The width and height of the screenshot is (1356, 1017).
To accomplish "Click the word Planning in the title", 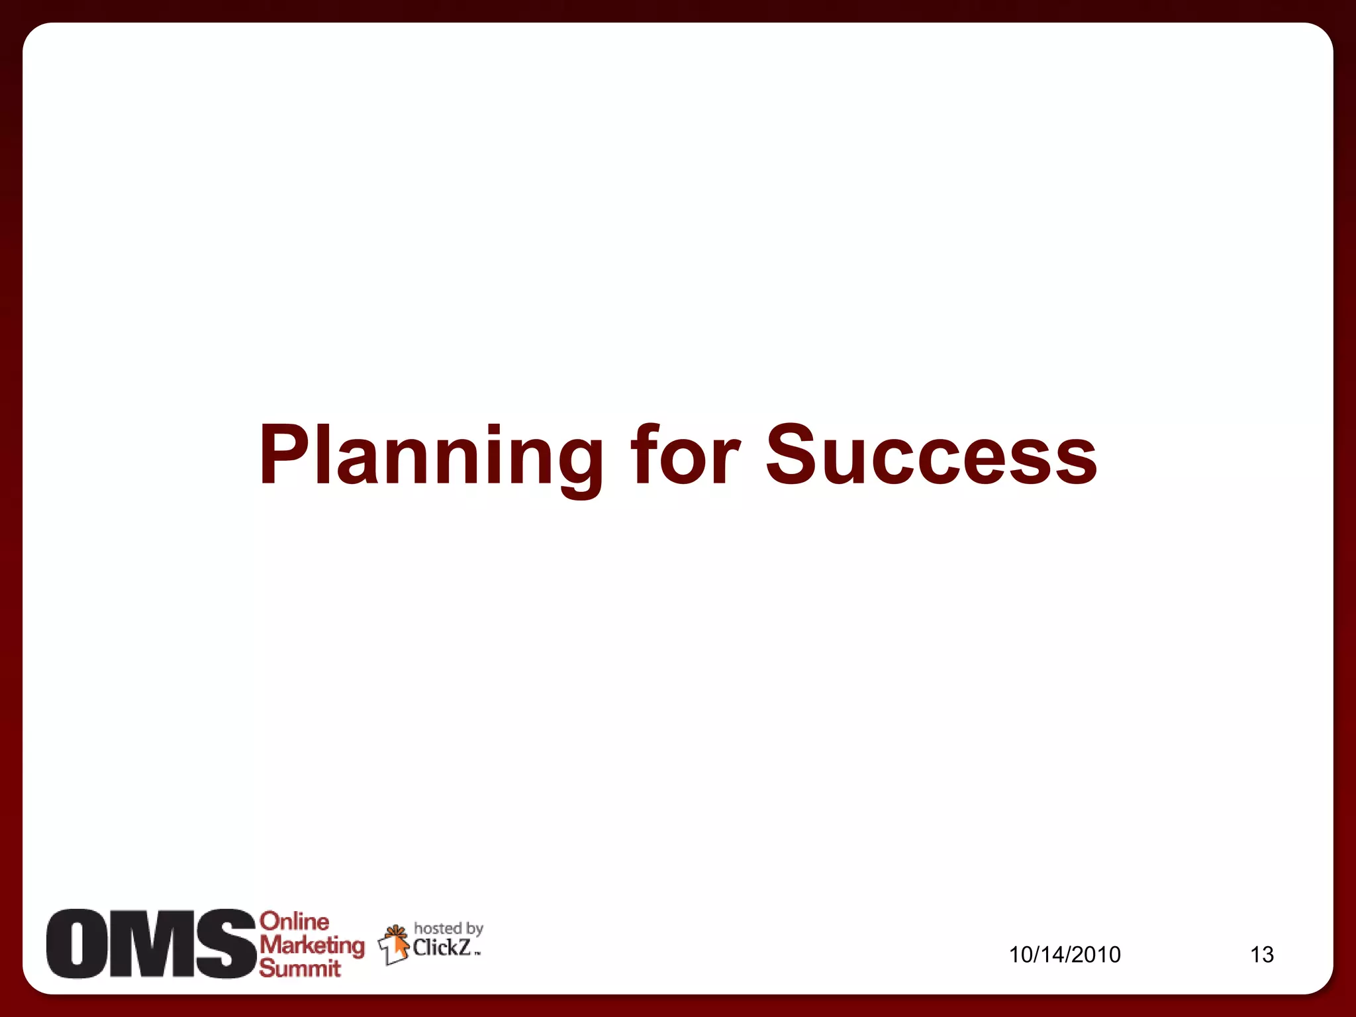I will click(431, 457).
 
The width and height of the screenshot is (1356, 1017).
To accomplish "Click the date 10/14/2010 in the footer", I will click(1065, 954).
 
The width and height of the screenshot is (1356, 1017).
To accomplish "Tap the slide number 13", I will click(1261, 954).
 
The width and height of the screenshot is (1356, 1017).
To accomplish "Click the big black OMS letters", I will click(150, 944).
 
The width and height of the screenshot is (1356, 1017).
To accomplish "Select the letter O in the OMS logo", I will click(75, 944).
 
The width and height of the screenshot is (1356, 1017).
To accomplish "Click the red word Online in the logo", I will click(294, 921).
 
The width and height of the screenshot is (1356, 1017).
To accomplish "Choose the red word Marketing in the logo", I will click(312, 945).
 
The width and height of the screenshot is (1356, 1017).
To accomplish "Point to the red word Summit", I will click(299, 968).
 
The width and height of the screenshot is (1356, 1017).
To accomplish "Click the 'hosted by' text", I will click(448, 929).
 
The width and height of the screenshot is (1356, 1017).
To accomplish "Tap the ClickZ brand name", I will click(442, 947).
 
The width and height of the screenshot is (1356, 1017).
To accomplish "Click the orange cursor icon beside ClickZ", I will click(395, 944).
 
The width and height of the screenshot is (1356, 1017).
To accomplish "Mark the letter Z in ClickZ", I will click(464, 947).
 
